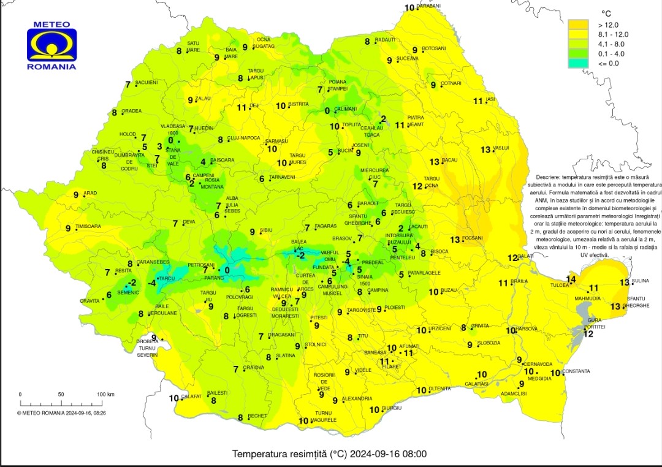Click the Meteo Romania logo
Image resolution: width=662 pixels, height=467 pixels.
(x=51, y=47)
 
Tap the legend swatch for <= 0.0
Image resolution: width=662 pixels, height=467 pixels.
(x=577, y=63)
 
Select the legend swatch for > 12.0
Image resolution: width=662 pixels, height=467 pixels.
(x=577, y=25)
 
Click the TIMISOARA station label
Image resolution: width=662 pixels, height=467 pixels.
(x=88, y=227)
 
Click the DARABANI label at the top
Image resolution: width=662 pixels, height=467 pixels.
(x=428, y=6)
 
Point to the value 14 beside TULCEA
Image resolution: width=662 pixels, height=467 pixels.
(x=571, y=279)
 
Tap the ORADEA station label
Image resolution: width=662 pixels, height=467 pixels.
(x=132, y=112)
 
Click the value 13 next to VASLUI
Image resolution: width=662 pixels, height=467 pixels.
(x=486, y=150)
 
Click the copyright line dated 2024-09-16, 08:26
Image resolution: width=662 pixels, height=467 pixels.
(x=61, y=413)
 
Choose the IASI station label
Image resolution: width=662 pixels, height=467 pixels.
(x=490, y=99)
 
